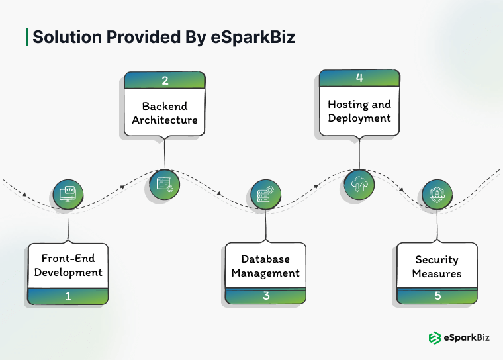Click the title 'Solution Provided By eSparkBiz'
[163, 37]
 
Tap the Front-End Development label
[68, 265]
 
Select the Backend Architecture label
[165, 113]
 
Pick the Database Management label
[265, 266]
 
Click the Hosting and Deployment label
[359, 111]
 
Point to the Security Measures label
[437, 267]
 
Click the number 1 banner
[68, 296]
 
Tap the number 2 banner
[165, 81]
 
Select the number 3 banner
[265, 296]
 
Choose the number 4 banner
[359, 78]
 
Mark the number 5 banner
[437, 296]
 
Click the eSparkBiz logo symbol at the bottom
[434, 337]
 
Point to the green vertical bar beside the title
[26, 37]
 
